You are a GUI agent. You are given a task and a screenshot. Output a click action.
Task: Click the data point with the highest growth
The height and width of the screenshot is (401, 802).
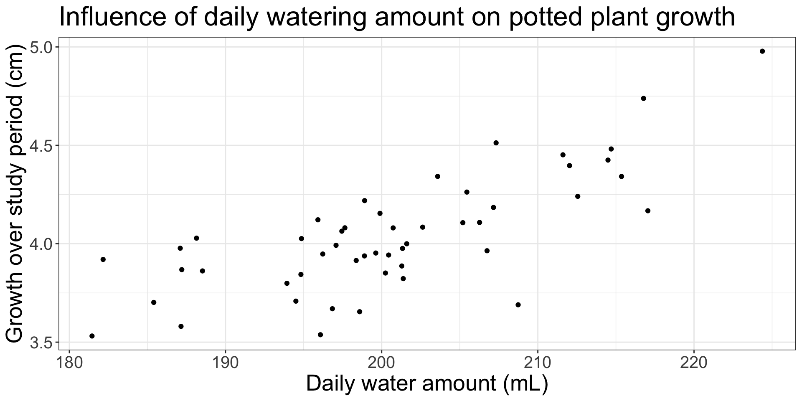point(762,51)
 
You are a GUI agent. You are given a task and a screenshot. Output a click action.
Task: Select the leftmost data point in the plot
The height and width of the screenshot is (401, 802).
point(92,336)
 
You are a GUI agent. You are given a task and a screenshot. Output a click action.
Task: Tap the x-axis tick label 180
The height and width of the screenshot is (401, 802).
point(69,362)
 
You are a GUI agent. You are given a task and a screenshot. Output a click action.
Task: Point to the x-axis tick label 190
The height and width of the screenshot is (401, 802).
point(226,362)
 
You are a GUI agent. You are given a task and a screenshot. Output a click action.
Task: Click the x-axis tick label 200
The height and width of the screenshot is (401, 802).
point(381,362)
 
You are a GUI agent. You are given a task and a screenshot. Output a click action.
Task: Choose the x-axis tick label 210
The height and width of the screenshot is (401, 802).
point(538,362)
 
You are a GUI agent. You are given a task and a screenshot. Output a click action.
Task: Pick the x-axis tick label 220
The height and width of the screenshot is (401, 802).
point(694,362)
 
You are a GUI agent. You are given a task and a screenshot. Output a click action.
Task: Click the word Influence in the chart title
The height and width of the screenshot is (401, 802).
point(121,18)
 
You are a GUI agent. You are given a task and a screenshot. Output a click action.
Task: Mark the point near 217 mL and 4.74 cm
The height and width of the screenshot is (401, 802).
point(643,99)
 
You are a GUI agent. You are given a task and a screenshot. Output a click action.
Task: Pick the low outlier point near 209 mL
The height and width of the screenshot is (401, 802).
point(518,305)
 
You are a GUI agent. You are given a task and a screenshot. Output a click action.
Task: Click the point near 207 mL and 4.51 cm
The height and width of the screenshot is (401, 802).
point(496,143)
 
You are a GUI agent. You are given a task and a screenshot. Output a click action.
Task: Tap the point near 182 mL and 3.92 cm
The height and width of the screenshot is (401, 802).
point(103,259)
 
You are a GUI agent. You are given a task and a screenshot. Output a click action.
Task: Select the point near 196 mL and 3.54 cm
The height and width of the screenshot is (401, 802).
point(320,335)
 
